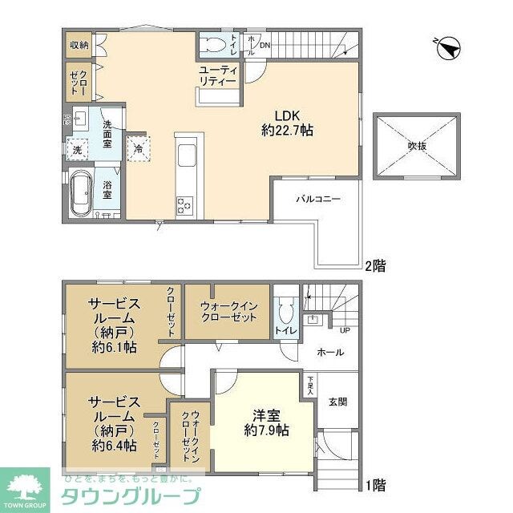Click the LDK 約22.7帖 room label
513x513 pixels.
286,122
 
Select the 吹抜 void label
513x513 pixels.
415,146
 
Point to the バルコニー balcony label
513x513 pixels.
317,197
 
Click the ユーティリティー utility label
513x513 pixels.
218,76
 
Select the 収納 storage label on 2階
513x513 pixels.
78,45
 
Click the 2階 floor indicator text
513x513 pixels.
375,264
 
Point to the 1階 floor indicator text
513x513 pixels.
375,485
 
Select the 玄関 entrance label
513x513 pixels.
337,402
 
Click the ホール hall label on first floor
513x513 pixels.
330,352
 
